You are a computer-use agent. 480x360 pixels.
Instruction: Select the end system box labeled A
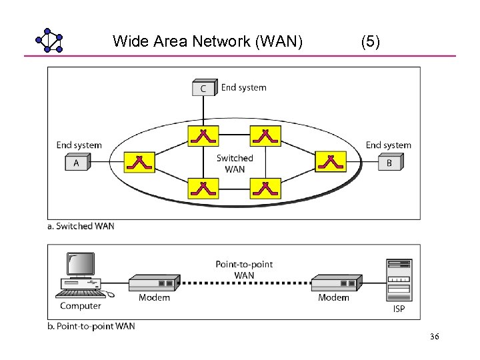(77, 163)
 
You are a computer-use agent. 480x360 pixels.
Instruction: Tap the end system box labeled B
(390, 163)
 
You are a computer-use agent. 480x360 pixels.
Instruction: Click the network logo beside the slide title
(49, 41)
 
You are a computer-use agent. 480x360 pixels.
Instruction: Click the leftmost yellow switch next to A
(139, 162)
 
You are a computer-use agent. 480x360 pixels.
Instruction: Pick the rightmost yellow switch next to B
(329, 162)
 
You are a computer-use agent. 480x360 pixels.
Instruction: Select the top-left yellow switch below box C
(203, 136)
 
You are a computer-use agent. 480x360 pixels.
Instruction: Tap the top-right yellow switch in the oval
(265, 136)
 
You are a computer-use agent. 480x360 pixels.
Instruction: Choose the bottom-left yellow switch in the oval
(203, 189)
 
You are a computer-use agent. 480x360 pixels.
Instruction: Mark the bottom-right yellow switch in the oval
(265, 189)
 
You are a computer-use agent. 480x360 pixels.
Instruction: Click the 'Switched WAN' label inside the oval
(235, 163)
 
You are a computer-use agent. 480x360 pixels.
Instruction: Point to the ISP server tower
(399, 281)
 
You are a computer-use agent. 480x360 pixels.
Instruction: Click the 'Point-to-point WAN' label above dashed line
(244, 269)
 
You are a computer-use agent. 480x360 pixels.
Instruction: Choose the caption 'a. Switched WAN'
(81, 226)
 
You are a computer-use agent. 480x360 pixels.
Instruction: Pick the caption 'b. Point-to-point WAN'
(91, 326)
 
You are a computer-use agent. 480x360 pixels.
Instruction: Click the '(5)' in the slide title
(370, 42)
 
